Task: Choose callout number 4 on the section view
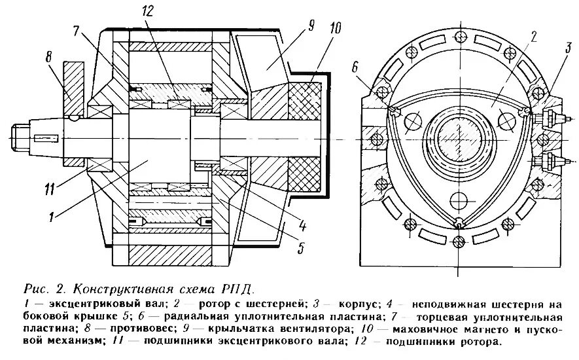click(x=303, y=226)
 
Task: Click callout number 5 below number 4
click(x=302, y=248)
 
